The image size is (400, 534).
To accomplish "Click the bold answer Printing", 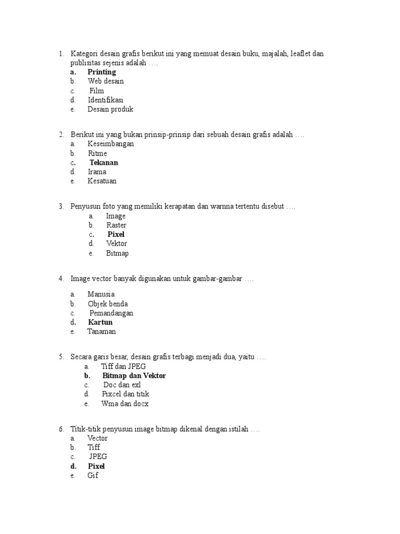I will [x=102, y=72].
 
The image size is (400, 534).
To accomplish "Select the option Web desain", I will [x=106, y=81].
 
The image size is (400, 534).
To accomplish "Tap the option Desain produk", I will [x=110, y=110].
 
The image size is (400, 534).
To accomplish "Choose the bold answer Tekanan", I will [x=104, y=163].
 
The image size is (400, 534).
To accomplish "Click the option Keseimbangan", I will [x=111, y=144].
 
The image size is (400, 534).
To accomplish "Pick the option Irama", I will [x=97, y=172].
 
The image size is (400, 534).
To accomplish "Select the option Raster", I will [x=117, y=225].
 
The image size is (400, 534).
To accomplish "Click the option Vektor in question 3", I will [x=117, y=244].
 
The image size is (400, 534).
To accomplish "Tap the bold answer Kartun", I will [x=100, y=322].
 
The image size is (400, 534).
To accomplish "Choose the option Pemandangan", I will [x=111, y=313].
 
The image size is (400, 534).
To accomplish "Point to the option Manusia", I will [x=101, y=294].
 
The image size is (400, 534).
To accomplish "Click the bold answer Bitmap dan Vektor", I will [x=134, y=375].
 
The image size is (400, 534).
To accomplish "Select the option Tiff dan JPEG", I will [x=123, y=366].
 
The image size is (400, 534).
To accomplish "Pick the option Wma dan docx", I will [x=125, y=404].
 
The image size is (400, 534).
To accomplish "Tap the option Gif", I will [x=93, y=476].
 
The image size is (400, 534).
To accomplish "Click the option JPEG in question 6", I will [x=98, y=457].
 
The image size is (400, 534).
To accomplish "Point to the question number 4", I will [x=61, y=279].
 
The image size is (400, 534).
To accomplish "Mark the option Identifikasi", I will [x=106, y=100].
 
